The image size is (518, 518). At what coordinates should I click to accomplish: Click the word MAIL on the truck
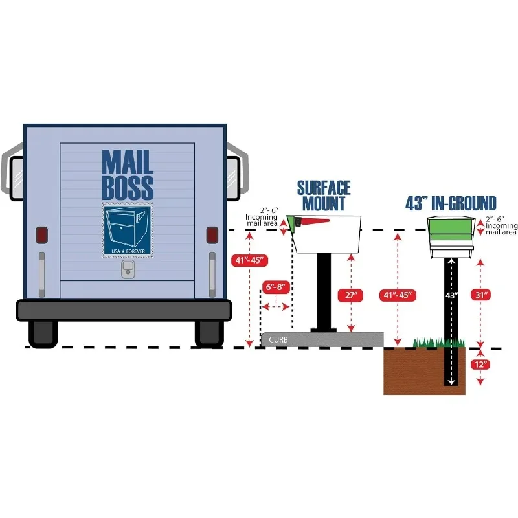point(128,161)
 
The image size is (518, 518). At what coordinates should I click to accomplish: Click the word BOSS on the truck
point(128,187)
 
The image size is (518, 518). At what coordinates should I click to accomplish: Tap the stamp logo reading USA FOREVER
point(126,230)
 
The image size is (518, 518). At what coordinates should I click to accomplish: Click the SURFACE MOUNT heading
point(324,196)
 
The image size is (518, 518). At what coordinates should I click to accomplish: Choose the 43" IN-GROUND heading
point(451,203)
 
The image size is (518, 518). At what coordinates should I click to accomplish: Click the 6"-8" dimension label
point(275,287)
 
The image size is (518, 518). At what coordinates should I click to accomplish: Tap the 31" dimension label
point(480,295)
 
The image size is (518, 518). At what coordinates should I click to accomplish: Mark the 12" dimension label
point(480,365)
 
